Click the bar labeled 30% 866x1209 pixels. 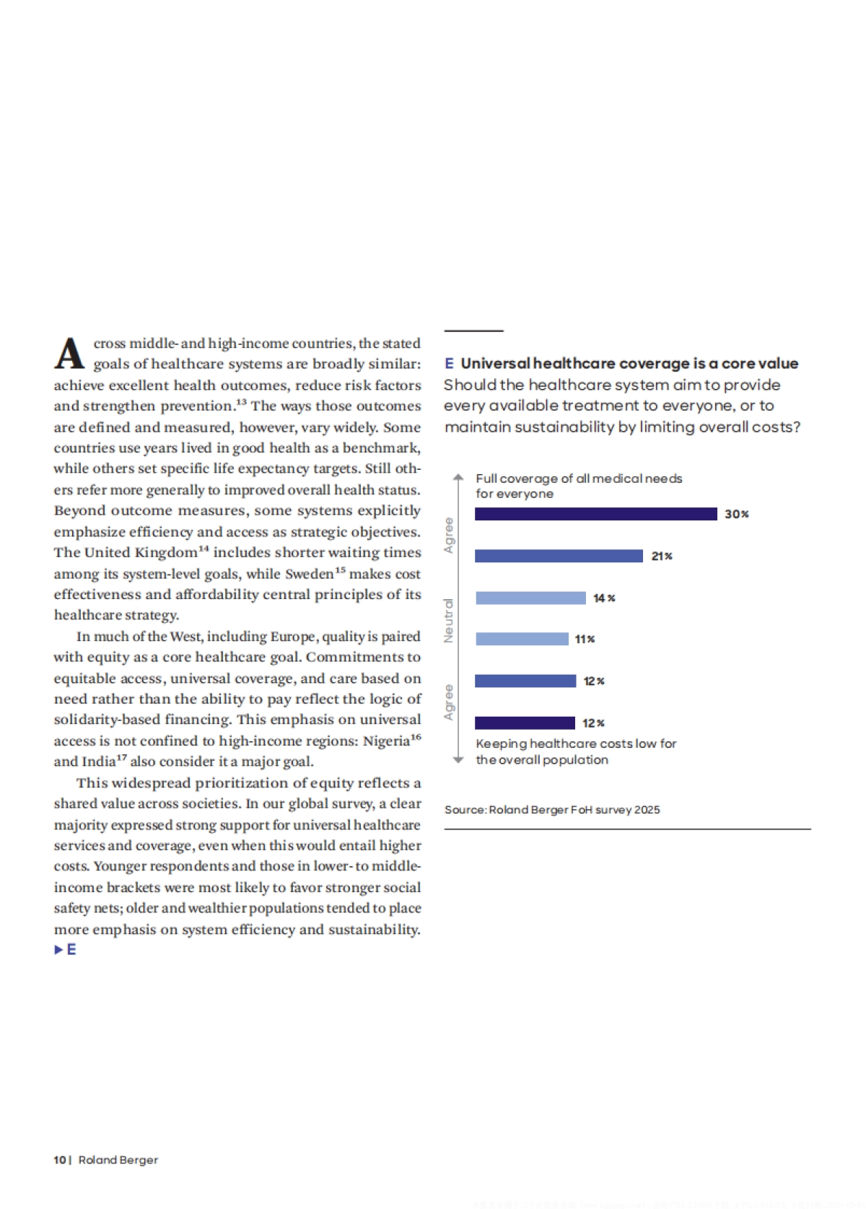595,514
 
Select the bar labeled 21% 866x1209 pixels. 559,556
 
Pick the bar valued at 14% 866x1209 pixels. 530,598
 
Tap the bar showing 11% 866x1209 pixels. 522,639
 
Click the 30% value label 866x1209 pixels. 737,514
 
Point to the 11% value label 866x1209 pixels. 585,640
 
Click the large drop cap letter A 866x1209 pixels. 70,354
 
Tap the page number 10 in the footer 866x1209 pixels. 59,1160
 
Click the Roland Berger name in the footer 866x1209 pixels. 118,1160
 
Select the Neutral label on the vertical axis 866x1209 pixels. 449,620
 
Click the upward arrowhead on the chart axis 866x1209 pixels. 458,477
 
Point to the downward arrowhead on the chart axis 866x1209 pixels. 458,760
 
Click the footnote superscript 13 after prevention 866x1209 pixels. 241,402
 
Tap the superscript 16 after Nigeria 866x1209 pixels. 416,737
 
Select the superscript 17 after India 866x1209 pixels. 122,758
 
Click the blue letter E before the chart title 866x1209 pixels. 449,363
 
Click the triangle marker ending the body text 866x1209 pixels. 58,950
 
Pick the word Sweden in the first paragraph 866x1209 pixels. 310,575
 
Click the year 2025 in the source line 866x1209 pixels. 647,810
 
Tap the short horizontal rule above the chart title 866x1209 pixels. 473,331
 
